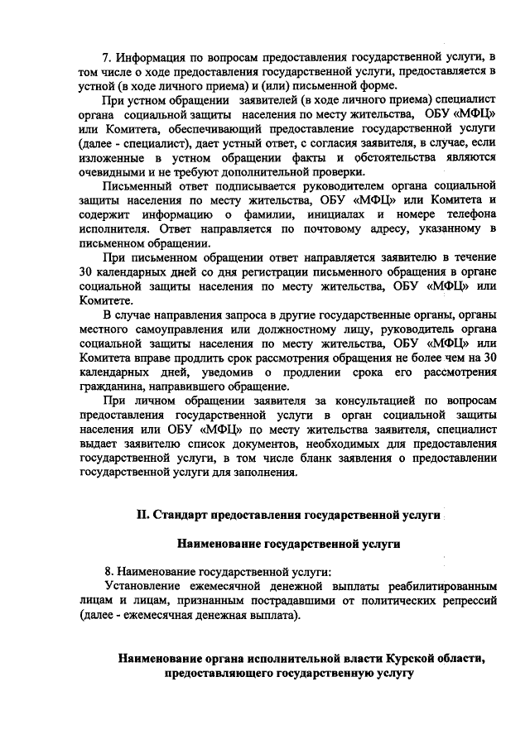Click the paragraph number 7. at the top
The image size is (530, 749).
(107, 58)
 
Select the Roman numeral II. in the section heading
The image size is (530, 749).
(143, 514)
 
